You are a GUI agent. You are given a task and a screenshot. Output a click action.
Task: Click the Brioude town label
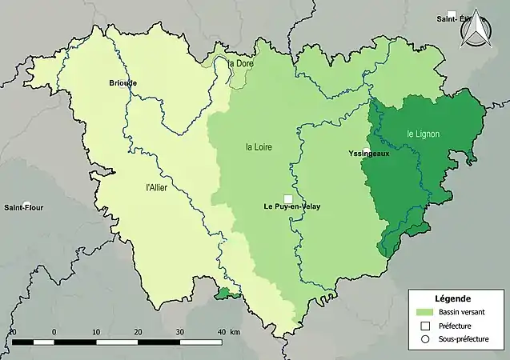click(x=123, y=82)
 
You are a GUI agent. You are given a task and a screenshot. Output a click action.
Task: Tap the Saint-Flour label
click(x=24, y=208)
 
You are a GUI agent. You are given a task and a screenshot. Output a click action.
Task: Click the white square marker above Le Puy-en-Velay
click(x=287, y=199)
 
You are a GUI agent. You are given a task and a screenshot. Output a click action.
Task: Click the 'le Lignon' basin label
click(x=423, y=134)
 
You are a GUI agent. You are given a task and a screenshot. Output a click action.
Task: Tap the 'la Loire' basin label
click(x=259, y=147)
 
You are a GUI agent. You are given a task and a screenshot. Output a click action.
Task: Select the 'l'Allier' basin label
click(x=158, y=189)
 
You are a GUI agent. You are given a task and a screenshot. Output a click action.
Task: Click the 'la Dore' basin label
click(x=240, y=64)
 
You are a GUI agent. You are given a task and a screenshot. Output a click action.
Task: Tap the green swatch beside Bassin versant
click(x=424, y=312)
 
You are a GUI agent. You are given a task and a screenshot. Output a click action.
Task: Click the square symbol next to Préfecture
click(x=424, y=326)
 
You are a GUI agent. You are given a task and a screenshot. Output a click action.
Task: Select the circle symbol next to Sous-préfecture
click(x=424, y=340)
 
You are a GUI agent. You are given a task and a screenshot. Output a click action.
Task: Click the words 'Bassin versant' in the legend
click(x=460, y=312)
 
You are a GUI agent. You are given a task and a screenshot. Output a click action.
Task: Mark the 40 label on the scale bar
click(x=221, y=331)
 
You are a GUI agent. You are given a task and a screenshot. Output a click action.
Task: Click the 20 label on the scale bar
click(x=138, y=331)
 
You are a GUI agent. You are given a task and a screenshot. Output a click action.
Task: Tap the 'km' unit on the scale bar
click(x=235, y=331)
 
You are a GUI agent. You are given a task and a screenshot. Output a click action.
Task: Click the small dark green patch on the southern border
click(x=227, y=294)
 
